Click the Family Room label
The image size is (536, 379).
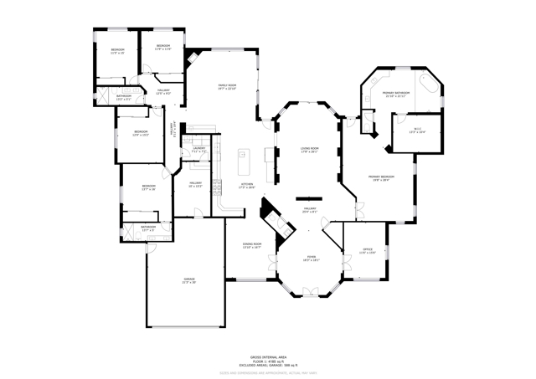(x=227, y=86)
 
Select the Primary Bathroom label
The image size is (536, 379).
(x=394, y=94)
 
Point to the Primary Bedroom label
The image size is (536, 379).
(x=381, y=177)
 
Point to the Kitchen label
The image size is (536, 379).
(x=247, y=186)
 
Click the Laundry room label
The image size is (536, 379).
(x=198, y=150)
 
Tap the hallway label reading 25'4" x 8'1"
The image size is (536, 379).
(x=310, y=209)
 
